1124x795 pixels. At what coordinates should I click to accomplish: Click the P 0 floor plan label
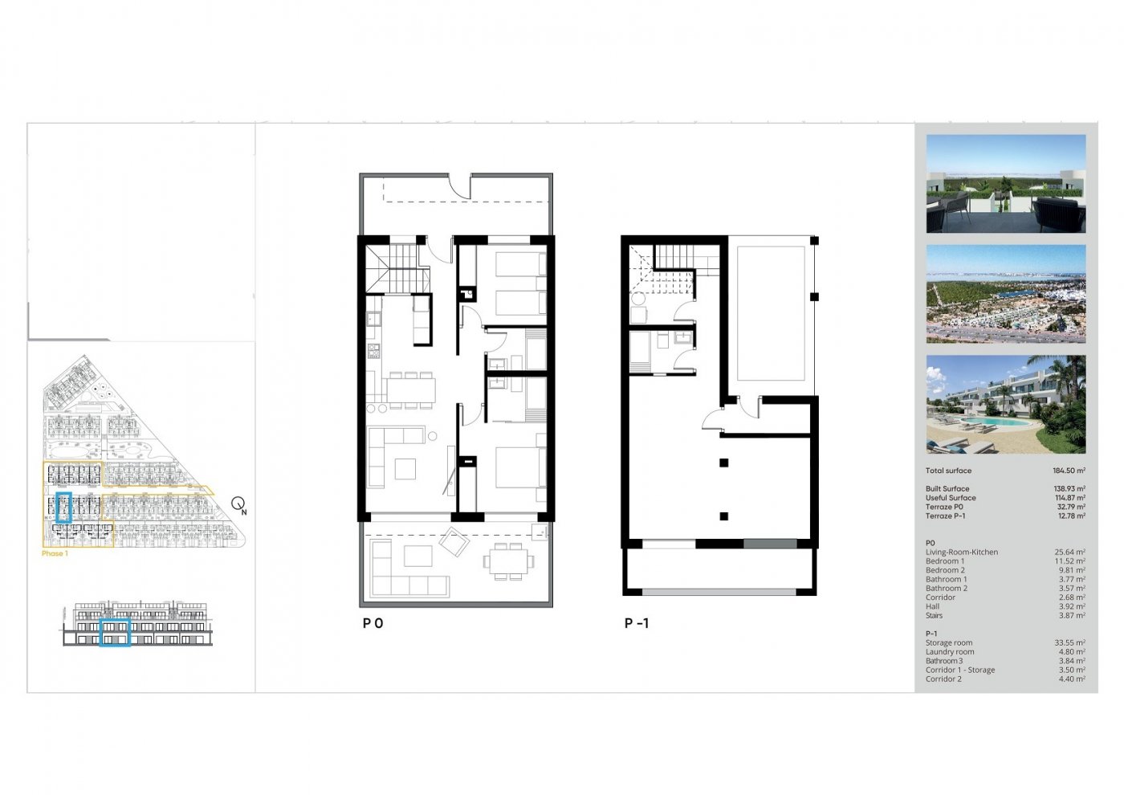373,623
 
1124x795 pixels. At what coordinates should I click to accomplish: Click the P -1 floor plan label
637,623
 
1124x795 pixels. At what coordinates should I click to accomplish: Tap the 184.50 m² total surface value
1069,471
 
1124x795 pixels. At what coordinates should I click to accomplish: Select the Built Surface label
947,488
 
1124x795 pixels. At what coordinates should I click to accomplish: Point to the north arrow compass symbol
238,504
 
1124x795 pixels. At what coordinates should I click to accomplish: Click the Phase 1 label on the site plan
54,553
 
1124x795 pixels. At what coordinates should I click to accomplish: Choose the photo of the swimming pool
1005,405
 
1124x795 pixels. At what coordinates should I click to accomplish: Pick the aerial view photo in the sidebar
1005,294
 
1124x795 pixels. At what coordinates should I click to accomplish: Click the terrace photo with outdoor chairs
1005,184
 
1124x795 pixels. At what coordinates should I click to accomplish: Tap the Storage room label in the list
948,642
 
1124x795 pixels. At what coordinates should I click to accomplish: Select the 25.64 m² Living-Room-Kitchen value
1069,552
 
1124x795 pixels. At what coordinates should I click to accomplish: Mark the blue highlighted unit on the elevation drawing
115,632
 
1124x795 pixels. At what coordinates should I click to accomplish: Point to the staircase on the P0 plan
393,269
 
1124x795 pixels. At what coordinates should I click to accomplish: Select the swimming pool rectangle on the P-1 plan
769,313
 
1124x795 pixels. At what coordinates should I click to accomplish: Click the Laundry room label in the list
949,651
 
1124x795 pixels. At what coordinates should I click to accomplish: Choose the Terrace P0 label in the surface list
944,507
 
